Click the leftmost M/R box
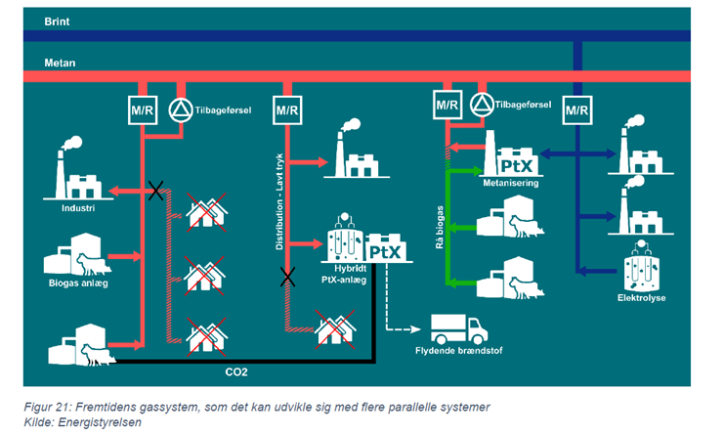pos(143,109)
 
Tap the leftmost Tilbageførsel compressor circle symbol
pos(183,109)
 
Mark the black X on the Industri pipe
pos(154,190)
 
